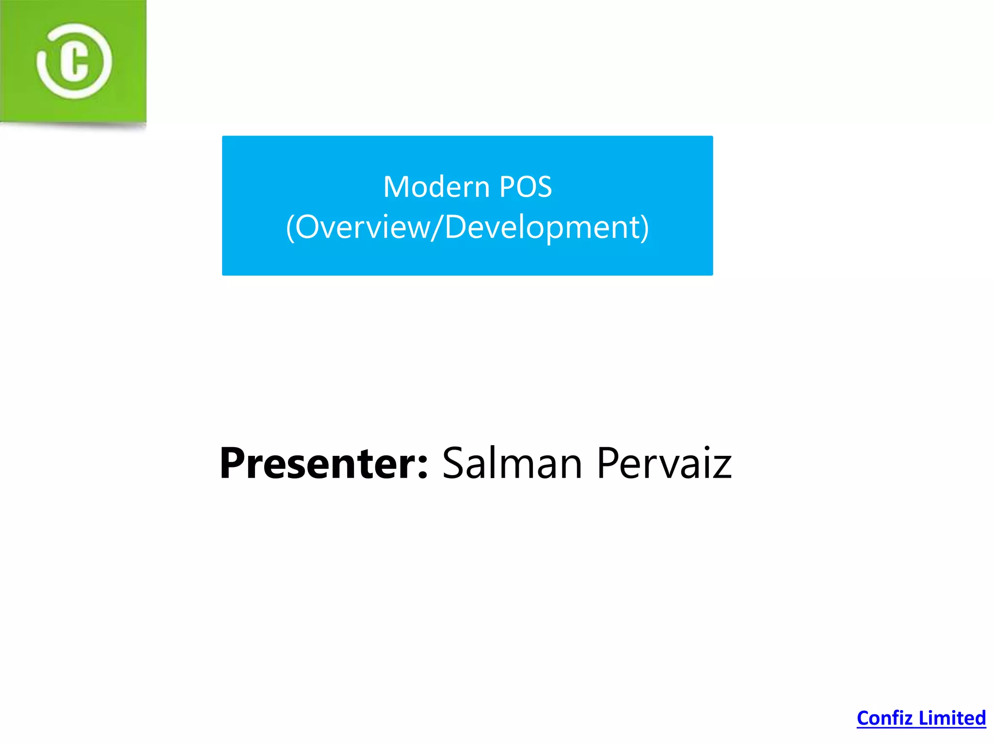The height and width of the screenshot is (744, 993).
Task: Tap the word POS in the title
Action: tap(525, 187)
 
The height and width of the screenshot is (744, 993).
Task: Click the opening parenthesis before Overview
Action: tap(290, 228)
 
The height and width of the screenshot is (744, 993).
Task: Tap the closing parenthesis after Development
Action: tap(644, 228)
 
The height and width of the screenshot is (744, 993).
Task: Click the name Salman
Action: tap(512, 464)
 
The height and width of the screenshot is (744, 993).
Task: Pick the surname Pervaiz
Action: tap(664, 464)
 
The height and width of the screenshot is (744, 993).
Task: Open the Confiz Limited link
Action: tap(921, 718)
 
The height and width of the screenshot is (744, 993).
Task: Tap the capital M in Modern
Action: tap(396, 187)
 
